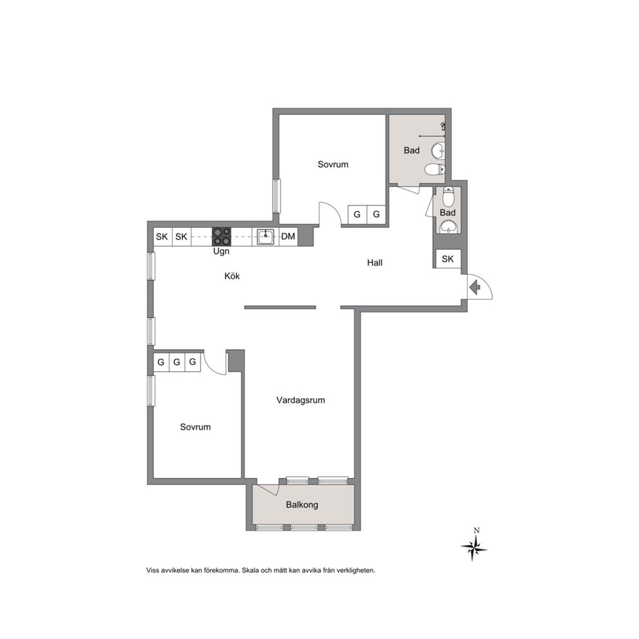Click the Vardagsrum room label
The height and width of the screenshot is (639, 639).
301,400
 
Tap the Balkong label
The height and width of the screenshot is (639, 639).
302,505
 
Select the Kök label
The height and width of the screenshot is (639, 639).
232,276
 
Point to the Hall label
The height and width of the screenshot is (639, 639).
374,263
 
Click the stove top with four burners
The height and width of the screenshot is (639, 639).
222,237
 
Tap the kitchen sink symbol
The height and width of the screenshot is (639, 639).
265,237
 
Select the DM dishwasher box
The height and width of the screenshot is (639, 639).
289,236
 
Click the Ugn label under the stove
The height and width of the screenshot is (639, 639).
222,251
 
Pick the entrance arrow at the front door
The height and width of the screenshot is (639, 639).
475,288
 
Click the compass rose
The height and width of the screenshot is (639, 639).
473,548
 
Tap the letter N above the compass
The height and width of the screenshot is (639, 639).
477,530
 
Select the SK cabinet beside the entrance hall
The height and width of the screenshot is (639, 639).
448,259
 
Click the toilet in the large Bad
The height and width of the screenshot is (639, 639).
434,169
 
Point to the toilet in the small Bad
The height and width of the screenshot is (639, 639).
448,196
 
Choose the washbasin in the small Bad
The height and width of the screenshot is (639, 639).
448,226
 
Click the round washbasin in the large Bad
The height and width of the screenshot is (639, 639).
439,150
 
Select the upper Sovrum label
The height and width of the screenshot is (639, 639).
333,165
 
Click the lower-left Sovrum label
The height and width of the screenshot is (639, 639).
195,427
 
